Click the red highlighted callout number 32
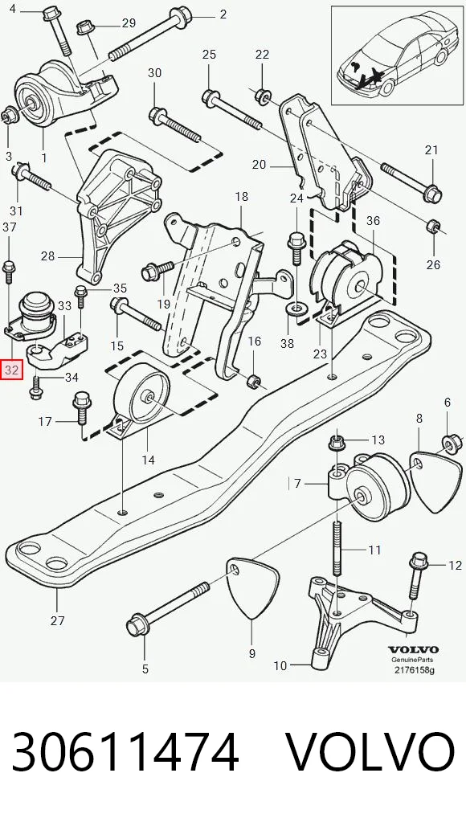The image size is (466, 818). (11, 370)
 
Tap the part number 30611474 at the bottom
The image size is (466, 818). (125, 752)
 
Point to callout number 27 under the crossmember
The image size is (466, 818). (57, 620)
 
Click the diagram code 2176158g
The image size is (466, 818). (413, 670)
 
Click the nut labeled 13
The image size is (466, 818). (337, 444)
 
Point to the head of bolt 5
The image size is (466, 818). (137, 625)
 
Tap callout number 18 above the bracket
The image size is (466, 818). (242, 197)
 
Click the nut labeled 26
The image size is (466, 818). (433, 227)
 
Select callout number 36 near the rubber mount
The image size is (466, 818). (373, 221)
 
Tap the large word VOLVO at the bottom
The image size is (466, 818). (370, 752)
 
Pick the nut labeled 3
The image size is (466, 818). (9, 115)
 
